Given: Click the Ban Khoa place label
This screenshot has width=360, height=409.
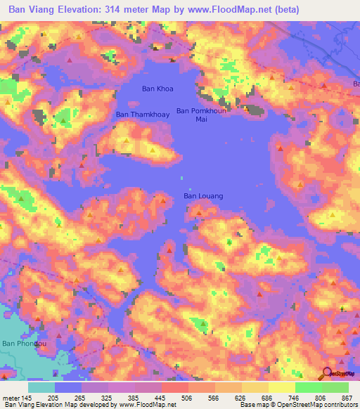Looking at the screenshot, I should [x=157, y=89].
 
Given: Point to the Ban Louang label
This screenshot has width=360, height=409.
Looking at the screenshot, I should [x=203, y=196].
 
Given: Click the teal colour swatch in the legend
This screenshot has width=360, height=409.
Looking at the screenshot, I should [x=41, y=387].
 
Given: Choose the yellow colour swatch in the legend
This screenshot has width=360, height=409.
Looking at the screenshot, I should [x=281, y=387].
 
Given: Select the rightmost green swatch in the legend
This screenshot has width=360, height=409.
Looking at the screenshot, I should [x=335, y=387].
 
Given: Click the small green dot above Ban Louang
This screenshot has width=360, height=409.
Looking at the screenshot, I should [x=182, y=177].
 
